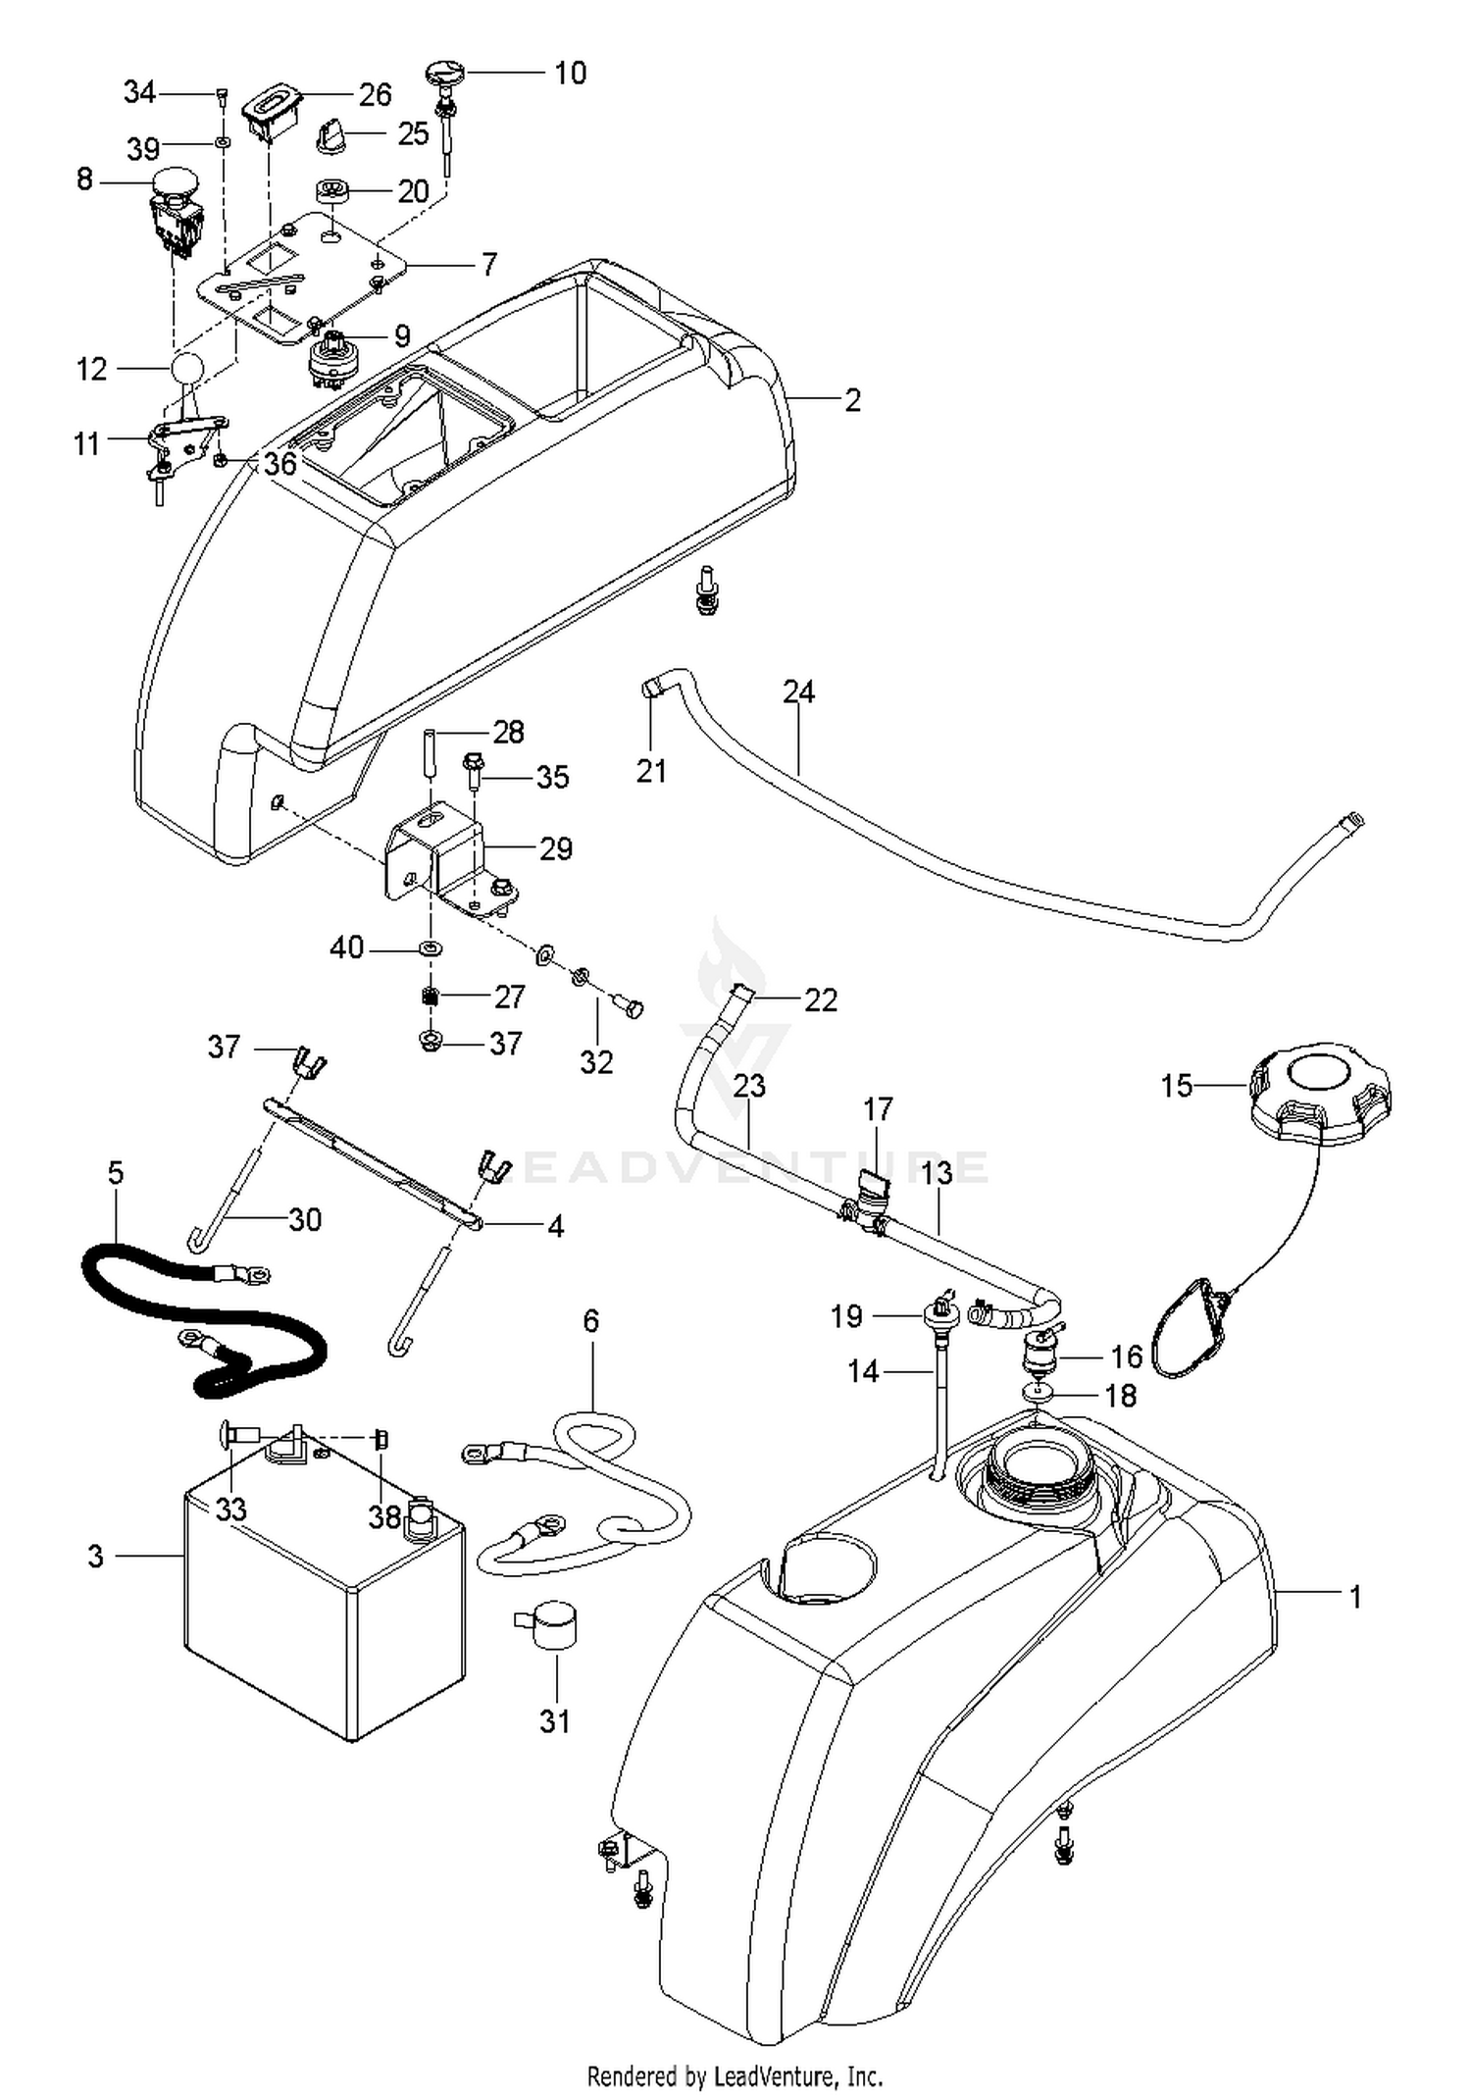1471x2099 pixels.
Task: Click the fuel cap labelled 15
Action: [1320, 1095]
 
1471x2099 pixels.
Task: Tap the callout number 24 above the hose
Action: [798, 691]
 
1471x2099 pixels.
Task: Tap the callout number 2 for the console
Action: [852, 399]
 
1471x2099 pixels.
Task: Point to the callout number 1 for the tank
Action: [1355, 1597]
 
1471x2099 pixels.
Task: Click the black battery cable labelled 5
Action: [203, 1314]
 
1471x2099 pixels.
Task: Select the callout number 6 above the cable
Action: [590, 1320]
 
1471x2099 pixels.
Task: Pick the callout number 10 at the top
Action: [570, 73]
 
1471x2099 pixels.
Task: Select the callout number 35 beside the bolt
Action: [552, 777]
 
